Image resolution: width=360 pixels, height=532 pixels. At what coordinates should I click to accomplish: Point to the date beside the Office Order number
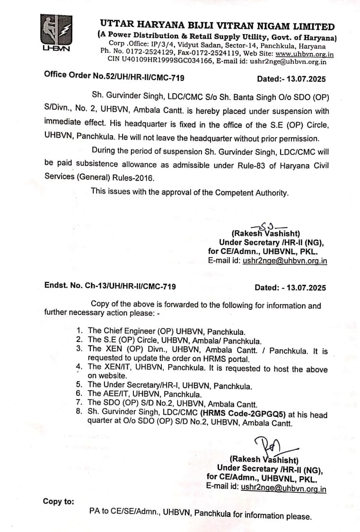[x=291, y=78]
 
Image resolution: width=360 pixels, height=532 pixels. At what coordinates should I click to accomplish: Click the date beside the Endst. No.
[x=290, y=287]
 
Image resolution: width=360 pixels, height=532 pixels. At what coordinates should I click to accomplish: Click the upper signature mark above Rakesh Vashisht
[x=266, y=227]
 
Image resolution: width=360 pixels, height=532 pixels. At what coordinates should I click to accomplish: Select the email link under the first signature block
[x=284, y=261]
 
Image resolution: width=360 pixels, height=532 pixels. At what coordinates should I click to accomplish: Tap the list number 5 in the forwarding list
[x=79, y=385]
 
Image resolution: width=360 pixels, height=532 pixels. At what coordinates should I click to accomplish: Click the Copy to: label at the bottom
[x=59, y=501]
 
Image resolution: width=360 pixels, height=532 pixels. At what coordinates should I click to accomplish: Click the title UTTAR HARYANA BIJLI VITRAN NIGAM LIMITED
[x=217, y=27]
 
